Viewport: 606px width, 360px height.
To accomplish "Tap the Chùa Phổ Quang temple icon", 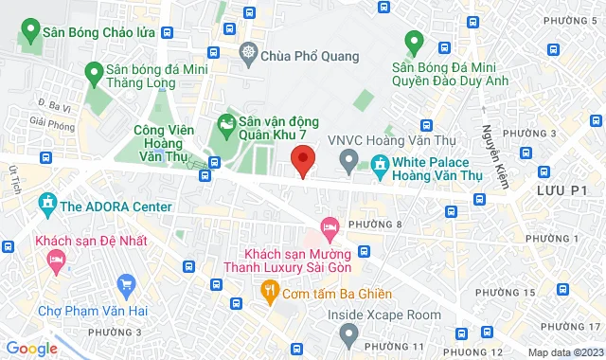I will click(x=249, y=52).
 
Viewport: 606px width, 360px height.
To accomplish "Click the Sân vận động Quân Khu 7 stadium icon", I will click(x=226, y=123).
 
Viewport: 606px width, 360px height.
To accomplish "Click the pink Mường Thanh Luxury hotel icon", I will click(x=330, y=227).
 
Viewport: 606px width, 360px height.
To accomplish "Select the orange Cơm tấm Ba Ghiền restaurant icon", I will click(x=270, y=290).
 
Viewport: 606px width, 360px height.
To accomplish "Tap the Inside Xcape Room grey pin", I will click(x=348, y=333).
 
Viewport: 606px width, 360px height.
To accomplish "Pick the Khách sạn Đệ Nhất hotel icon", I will click(x=57, y=258).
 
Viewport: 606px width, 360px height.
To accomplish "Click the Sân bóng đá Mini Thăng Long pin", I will click(x=93, y=72).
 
